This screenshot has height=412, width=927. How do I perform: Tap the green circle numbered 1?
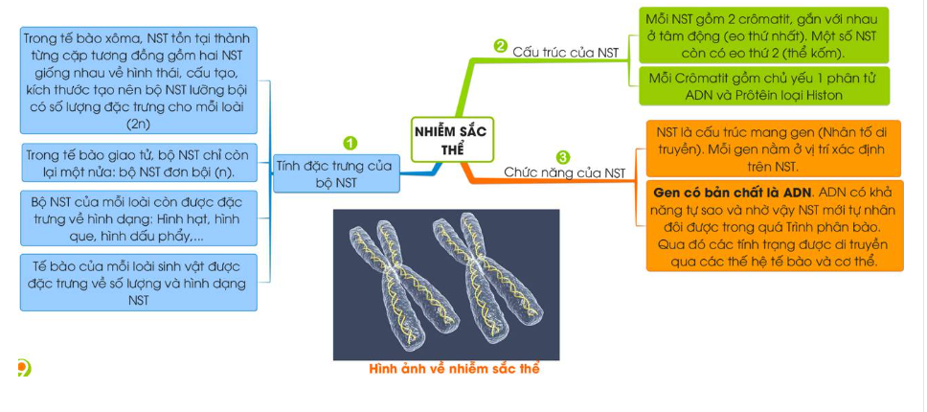pyautogui.click(x=350, y=143)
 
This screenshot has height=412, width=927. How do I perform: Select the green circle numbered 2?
pyautogui.click(x=500, y=45)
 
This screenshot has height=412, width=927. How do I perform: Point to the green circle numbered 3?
pyautogui.click(x=562, y=156)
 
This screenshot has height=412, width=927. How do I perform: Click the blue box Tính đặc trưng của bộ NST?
pyautogui.click(x=334, y=173)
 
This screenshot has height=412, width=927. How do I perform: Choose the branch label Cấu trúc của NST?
pyautogui.click(x=566, y=53)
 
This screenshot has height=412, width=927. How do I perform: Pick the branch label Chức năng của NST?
pyautogui.click(x=564, y=172)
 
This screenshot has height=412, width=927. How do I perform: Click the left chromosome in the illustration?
pyautogui.click(x=392, y=282)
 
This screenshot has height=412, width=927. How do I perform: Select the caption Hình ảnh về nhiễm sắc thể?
pyautogui.click(x=454, y=370)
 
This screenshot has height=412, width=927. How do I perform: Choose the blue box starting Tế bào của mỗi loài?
pyautogui.click(x=138, y=282)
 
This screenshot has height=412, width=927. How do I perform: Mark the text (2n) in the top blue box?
pyautogui.click(x=138, y=124)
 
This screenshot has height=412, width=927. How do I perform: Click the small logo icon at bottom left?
pyautogui.click(x=23, y=367)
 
